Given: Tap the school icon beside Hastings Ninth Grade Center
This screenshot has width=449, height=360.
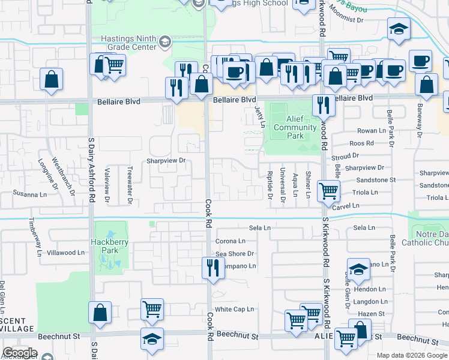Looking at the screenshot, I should click(x=165, y=41).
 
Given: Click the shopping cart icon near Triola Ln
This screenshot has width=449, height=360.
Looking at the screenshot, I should click(x=329, y=191).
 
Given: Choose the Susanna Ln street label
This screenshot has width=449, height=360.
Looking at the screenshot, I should click(x=30, y=194).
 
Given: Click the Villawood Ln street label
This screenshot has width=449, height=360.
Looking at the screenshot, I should click(x=65, y=253).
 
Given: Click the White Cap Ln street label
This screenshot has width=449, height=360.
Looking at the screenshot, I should click(x=235, y=310).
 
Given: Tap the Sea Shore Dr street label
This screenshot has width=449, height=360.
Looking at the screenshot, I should click(x=235, y=254).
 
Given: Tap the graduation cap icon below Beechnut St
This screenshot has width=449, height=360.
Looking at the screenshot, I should click(x=152, y=338).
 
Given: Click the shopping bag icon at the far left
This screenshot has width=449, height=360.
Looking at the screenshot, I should click(x=52, y=79).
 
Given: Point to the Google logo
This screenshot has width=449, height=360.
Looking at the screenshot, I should click(x=20, y=353).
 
